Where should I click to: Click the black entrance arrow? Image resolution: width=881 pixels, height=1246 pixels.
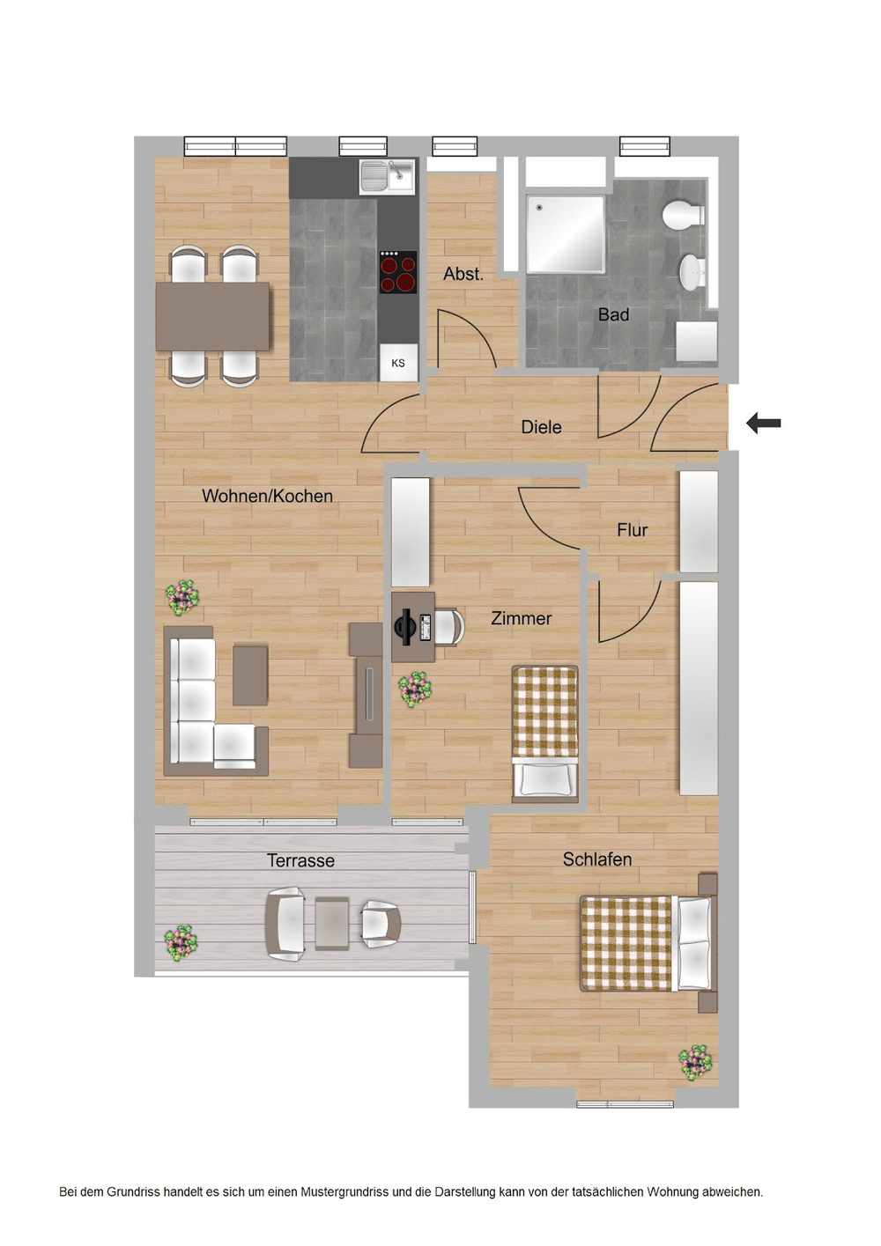pos(764,424)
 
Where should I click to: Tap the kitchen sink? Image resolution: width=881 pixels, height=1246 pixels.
pos(387,176)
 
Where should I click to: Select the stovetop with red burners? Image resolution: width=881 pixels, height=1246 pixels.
pos(398,272)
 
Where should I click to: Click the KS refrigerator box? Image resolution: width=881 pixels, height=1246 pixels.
pos(398,363)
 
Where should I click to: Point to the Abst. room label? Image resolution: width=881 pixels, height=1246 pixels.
pos(463,274)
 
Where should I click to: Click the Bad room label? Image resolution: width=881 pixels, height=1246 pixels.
pos(613,314)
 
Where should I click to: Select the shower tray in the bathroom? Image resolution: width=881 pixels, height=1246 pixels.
pos(566,234)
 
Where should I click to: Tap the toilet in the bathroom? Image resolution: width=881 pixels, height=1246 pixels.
pos(684,214)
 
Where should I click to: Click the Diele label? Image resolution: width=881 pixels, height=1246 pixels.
pos(541,427)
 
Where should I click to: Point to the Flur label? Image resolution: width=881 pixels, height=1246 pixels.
pos(632,530)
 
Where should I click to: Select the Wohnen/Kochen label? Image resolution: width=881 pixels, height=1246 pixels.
pos(267,496)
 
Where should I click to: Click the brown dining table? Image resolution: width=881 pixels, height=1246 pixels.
pos(213,316)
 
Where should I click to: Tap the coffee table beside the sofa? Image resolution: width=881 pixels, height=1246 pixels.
pos(250,675)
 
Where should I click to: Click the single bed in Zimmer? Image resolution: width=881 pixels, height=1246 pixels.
pos(545,734)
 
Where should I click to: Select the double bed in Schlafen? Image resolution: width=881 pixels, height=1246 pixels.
pos(648,943)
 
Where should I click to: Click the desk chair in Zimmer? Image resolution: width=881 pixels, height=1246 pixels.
pos(448,627)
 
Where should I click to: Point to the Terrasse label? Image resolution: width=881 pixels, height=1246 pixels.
pos(300,860)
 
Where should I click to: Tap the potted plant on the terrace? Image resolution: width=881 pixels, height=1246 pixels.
pos(181,942)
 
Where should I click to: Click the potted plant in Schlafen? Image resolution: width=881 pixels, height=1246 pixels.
pos(696,1062)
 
